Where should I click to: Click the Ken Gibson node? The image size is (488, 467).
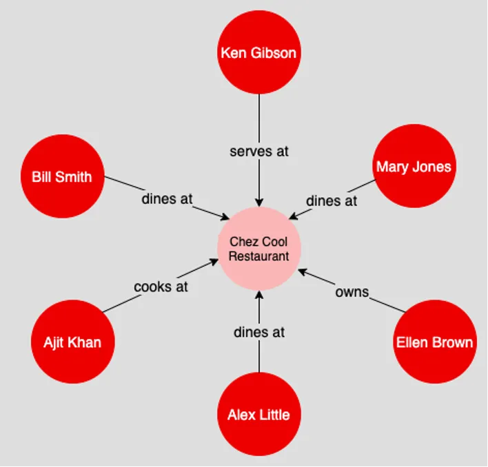pyautogui.click(x=258, y=52)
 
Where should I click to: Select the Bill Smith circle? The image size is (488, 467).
pyautogui.click(x=62, y=176)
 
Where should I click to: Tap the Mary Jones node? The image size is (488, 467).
pyautogui.click(x=414, y=166)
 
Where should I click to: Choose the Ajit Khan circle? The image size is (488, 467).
pyautogui.click(x=72, y=342)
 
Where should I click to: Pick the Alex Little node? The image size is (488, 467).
pyautogui.click(x=258, y=414)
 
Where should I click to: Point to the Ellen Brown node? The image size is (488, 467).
pyautogui.click(x=434, y=342)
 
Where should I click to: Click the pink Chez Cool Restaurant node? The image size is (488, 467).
pyautogui.click(x=258, y=249)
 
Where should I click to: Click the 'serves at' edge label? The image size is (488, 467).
pyautogui.click(x=258, y=152)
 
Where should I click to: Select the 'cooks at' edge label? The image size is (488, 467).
pyautogui.click(x=161, y=287)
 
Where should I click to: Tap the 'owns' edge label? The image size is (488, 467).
pyautogui.click(x=352, y=292)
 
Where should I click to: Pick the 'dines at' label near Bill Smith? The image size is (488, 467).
pyautogui.click(x=167, y=199)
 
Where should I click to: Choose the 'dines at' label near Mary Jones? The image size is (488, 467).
pyautogui.click(x=332, y=201)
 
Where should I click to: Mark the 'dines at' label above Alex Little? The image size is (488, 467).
pyautogui.click(x=258, y=332)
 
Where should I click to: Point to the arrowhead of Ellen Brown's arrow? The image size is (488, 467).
pyautogui.click(x=303, y=272)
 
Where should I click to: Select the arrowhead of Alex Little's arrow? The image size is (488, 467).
pyautogui.click(x=258, y=295)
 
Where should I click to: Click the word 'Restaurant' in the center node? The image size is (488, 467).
pyautogui.click(x=258, y=256)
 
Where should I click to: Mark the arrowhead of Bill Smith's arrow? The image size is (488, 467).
pyautogui.click(x=225, y=218)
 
